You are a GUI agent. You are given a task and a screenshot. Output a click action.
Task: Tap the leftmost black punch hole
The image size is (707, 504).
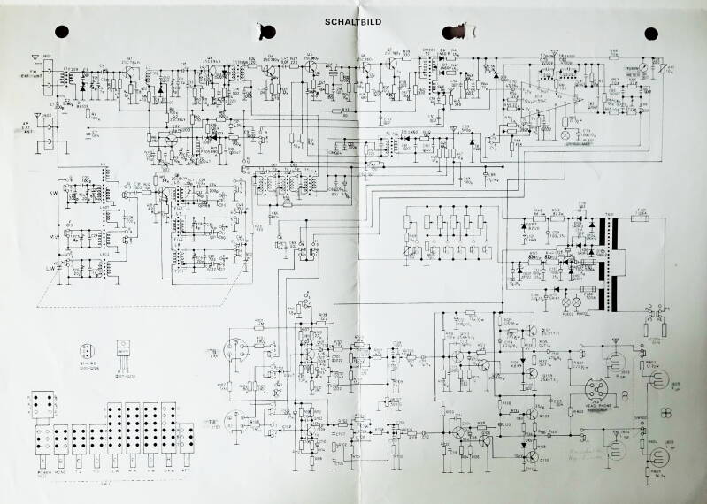coord(62,31)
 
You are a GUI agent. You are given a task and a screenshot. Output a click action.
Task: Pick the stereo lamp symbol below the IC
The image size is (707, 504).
coord(566,138)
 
